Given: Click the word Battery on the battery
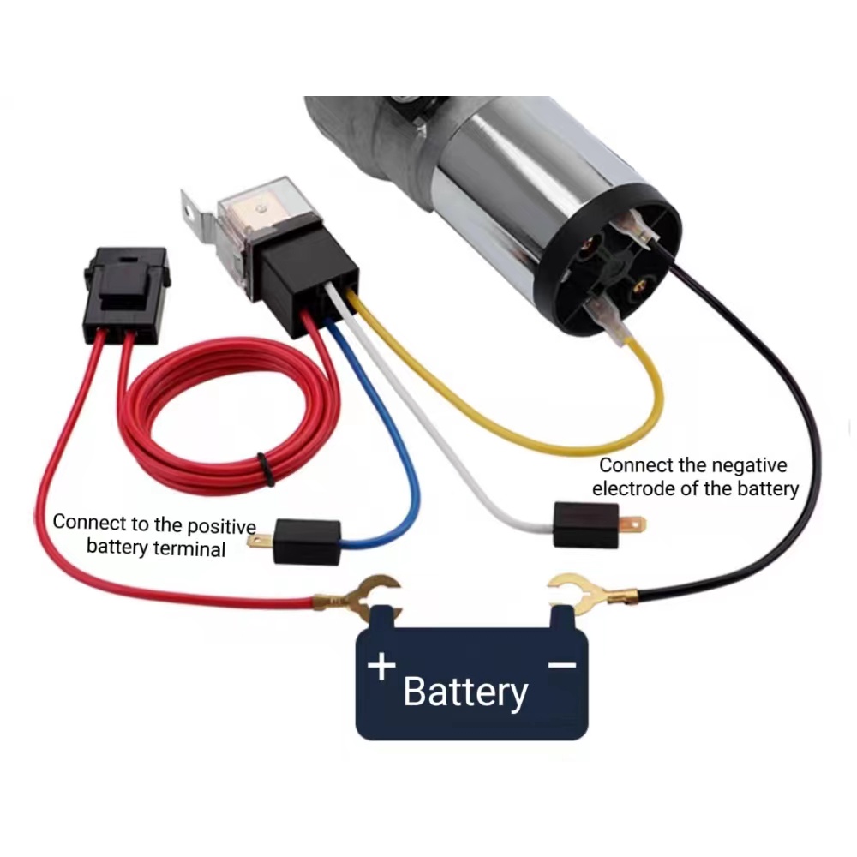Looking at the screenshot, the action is click(x=465, y=692).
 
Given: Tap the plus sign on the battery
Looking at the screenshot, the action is click(x=382, y=666).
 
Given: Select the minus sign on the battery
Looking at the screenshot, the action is click(x=561, y=664).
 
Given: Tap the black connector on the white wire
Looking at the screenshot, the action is click(x=586, y=524).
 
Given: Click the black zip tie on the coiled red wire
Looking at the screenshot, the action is click(x=267, y=468).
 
